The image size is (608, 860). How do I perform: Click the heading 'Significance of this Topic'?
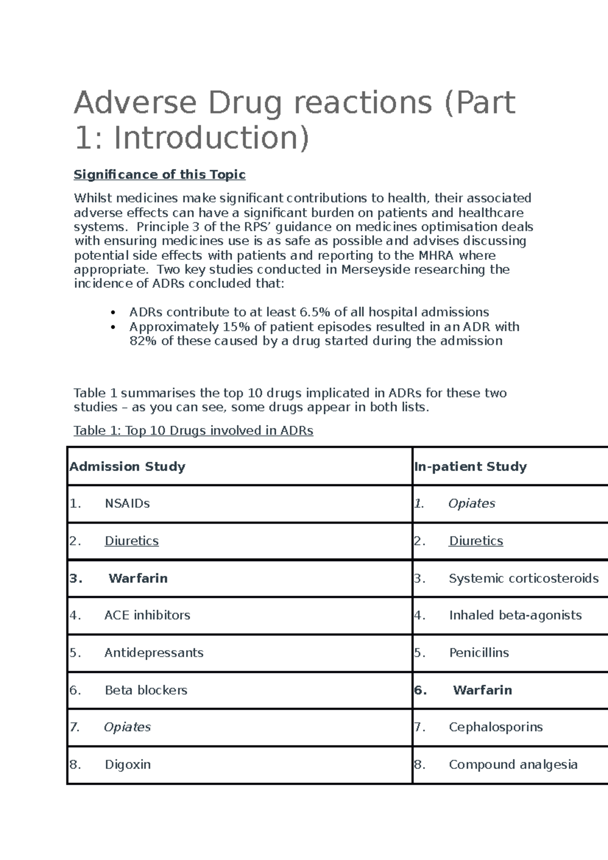pos(160,175)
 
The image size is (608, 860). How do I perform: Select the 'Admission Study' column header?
pos(128,466)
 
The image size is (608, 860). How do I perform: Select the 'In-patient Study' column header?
pos(470,466)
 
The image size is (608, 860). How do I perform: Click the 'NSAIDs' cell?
pos(127,503)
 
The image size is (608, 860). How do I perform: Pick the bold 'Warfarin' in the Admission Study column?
pos(138,578)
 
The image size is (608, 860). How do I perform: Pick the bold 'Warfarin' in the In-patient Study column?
pos(482,690)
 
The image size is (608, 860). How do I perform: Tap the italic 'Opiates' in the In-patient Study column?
pos(472,503)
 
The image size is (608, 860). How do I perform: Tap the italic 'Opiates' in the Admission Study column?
pos(127,727)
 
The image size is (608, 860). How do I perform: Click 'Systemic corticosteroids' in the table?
pos(523,578)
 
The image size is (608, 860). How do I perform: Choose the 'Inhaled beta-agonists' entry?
pos(515,615)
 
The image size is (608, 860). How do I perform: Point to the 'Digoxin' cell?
pos(128,764)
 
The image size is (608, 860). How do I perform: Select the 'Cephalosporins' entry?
pos(496,727)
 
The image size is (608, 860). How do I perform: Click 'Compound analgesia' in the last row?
pos(513,764)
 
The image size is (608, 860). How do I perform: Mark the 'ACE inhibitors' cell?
pos(147,615)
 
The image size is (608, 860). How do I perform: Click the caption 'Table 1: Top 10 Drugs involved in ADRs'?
pos(194,431)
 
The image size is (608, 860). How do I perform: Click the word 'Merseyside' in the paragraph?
pos(375,269)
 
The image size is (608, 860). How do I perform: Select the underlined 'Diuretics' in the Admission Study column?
pos(132,541)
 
